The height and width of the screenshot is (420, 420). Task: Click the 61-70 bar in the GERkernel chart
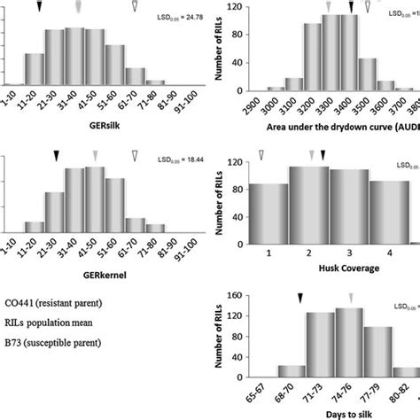135,231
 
